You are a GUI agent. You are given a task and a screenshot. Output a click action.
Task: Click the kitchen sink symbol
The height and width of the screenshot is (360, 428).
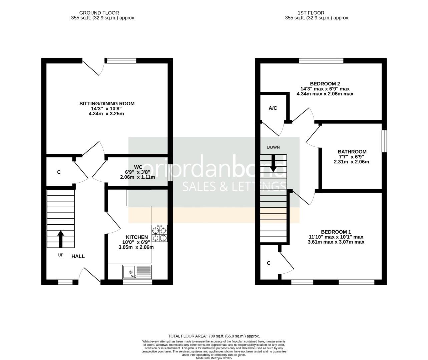[137, 272]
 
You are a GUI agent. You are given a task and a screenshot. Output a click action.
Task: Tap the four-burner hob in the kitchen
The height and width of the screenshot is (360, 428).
[159, 233]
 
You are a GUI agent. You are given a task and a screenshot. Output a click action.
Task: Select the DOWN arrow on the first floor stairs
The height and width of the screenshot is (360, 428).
[273, 163]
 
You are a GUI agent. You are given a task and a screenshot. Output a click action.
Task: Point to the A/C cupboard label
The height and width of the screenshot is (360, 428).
[273, 108]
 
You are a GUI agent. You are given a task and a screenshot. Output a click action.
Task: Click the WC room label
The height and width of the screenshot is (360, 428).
[138, 167]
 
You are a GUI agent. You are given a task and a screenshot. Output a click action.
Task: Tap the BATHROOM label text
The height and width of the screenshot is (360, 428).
[352, 152]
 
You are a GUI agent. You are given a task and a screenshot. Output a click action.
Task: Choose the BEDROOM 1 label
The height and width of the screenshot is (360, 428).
[336, 232]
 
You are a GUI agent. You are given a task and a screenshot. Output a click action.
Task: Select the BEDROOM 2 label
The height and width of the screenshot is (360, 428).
[325, 84]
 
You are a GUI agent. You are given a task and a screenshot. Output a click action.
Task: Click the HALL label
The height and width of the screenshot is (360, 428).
[78, 256]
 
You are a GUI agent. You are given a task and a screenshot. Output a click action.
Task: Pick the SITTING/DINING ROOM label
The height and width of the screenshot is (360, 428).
[107, 103]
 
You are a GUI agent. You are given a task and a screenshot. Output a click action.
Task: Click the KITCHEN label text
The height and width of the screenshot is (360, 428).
[136, 237]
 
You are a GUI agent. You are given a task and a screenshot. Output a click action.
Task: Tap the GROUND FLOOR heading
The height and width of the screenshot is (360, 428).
[103, 13]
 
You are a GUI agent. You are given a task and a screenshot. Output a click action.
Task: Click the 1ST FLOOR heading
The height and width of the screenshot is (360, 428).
[317, 13]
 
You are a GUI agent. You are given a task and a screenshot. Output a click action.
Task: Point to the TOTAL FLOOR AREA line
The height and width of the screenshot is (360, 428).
[214, 336]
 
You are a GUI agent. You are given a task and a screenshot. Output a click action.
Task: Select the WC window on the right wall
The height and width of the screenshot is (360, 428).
[170, 173]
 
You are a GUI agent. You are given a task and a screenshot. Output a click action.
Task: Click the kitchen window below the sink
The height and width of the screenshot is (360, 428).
[137, 282]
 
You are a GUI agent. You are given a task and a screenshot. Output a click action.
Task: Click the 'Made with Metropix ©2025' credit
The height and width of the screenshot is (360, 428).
[214, 358]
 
